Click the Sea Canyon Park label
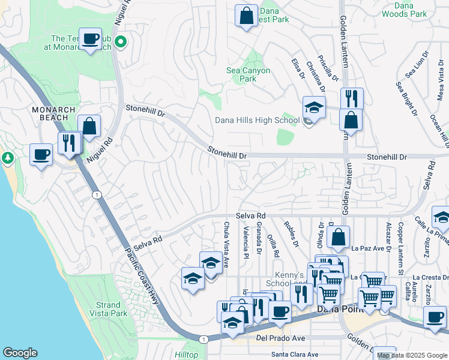tap(248, 74)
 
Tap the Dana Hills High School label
tap(257, 120)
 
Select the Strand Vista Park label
tap(109, 309)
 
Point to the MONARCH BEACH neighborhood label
tap(54, 114)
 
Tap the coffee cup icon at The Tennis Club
tap(90, 39)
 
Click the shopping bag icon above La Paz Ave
tap(339, 237)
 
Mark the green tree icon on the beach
tap(7, 158)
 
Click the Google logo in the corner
tap(20, 353)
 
